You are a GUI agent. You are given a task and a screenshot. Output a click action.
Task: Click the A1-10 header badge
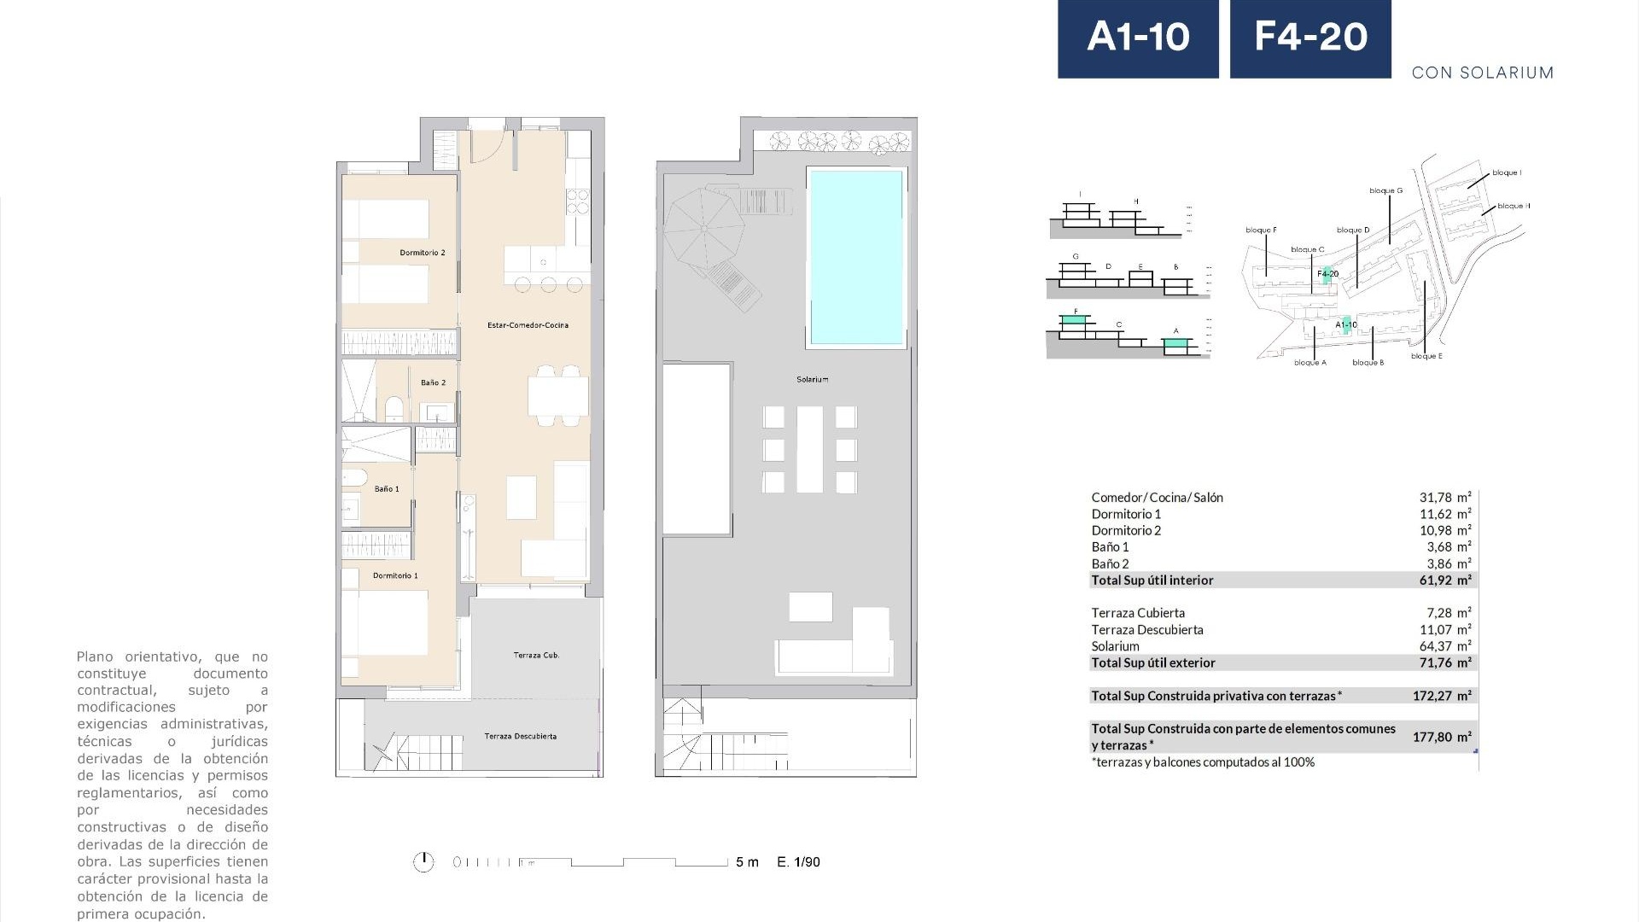click(1138, 38)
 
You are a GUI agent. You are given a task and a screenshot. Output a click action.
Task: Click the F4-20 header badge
click(1310, 38)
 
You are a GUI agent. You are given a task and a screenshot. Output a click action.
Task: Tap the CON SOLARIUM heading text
click(1482, 73)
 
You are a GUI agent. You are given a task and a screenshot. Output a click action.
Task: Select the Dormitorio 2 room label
click(423, 253)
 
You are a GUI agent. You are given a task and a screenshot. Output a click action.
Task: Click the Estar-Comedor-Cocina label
click(528, 325)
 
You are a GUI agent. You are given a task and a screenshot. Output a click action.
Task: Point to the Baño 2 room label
click(433, 382)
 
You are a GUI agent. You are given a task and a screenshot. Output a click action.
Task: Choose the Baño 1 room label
click(387, 489)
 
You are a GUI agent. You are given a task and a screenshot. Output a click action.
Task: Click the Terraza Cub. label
click(536, 656)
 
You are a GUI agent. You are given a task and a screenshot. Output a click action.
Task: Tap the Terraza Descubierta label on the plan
click(520, 736)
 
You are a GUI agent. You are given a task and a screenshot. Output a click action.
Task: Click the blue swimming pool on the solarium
click(856, 256)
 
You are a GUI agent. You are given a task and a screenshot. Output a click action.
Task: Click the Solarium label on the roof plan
click(812, 379)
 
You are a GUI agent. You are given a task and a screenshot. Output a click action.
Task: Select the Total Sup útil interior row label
click(1152, 581)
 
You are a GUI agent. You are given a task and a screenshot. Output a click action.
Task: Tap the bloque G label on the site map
click(1385, 190)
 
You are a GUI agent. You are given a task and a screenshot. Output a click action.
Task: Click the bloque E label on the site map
click(1426, 356)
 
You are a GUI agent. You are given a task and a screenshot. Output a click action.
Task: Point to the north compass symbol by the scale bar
click(423, 862)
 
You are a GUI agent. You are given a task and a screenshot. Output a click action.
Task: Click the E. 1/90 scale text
click(798, 862)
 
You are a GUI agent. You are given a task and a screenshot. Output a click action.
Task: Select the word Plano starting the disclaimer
click(96, 656)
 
